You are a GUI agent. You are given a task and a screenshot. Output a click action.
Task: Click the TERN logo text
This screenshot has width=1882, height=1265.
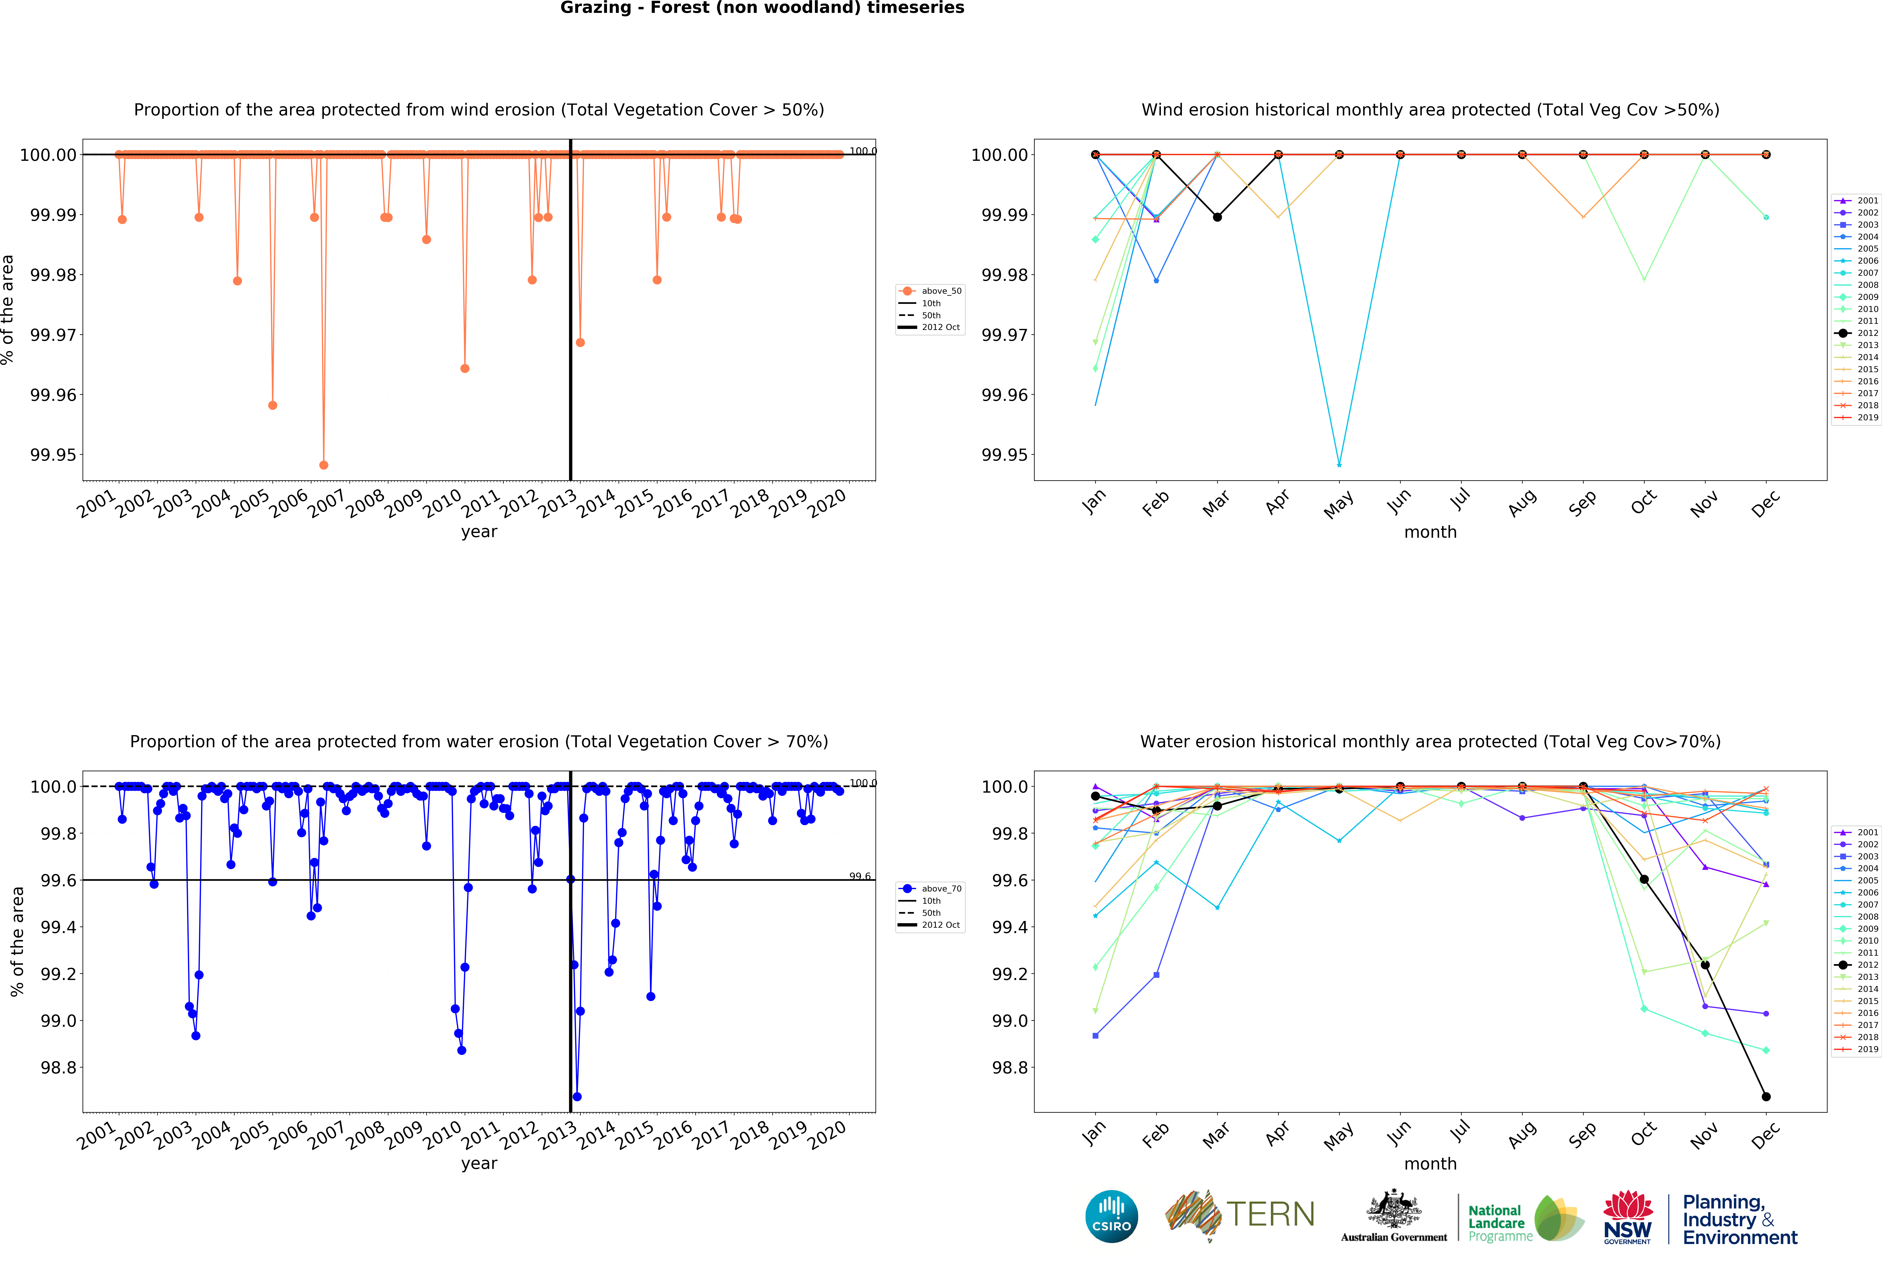(x=1270, y=1214)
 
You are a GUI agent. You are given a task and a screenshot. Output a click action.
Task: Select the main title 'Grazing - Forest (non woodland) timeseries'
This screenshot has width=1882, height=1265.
(x=762, y=8)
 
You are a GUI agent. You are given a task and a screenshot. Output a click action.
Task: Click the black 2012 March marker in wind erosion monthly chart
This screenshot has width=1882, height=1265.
(x=1217, y=217)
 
